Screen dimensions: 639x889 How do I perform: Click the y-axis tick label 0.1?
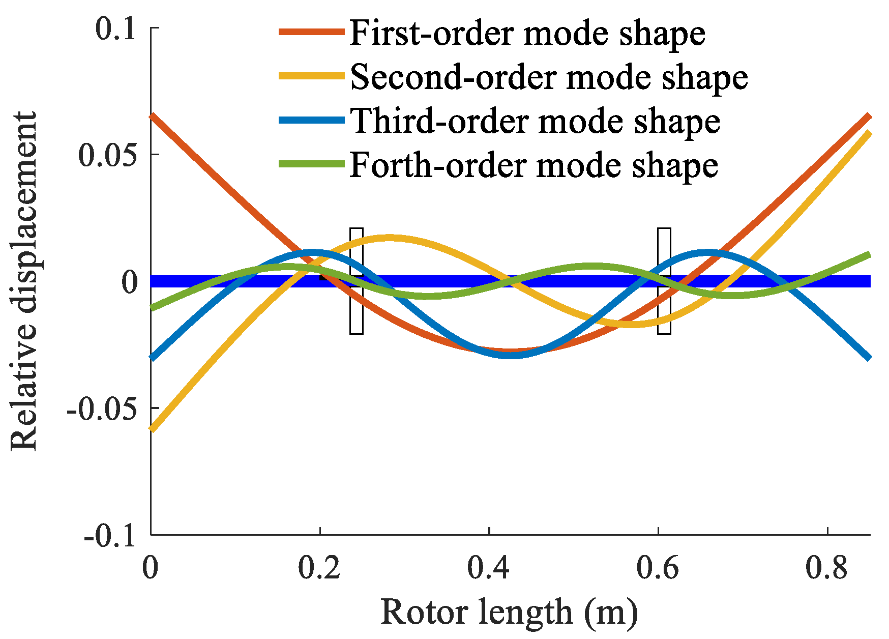tap(116, 28)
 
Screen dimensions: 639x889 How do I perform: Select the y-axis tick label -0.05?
tap(102, 409)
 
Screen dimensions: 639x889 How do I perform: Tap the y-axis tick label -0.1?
tap(110, 535)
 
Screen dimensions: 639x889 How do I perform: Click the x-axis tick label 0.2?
tap(319, 568)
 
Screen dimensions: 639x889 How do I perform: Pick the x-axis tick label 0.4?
tap(489, 568)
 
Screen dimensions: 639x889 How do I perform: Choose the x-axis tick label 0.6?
tap(658, 568)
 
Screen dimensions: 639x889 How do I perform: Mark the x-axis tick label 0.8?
tap(827, 568)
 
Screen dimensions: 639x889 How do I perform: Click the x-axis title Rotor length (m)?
tap(509, 612)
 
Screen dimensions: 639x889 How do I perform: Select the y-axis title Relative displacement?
tap(24, 281)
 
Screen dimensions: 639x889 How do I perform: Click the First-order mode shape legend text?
tap(527, 34)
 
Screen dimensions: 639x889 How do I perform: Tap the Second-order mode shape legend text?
tap(549, 77)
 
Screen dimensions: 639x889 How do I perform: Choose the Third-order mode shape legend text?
tap(535, 121)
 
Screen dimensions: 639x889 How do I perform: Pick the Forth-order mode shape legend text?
tap(534, 165)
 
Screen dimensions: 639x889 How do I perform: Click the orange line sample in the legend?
tap(311, 32)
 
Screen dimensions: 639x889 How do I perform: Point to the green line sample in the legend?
tap(311, 164)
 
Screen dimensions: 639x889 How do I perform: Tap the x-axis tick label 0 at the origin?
tap(150, 568)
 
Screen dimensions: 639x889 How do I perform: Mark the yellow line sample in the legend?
tap(311, 76)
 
